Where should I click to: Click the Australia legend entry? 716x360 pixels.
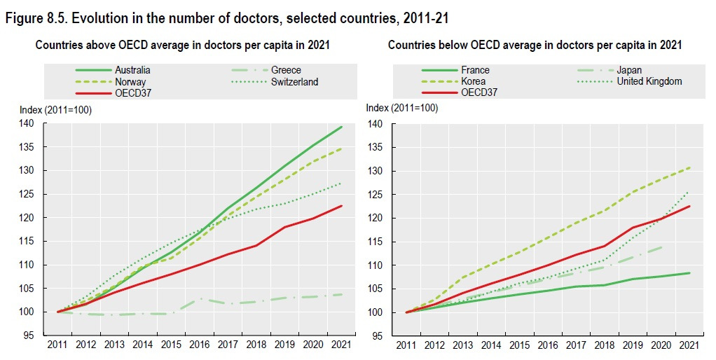coord(132,70)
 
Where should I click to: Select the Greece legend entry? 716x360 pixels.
coord(287,70)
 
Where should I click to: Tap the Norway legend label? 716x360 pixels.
coord(130,82)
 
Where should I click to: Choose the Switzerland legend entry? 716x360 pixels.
coord(295,82)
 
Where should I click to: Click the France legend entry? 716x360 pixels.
coord(475,70)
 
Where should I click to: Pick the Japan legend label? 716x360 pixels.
coord(629,70)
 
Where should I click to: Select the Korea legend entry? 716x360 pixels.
coord(473,81)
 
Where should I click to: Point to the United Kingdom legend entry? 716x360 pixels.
coord(649,81)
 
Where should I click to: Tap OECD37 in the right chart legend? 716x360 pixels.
coord(479,92)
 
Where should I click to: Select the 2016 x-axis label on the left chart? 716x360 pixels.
coord(199,345)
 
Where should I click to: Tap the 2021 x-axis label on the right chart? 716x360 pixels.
coord(690,345)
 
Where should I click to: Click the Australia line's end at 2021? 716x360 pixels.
coord(342,127)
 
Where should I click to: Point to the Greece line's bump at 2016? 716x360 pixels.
coord(200,299)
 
